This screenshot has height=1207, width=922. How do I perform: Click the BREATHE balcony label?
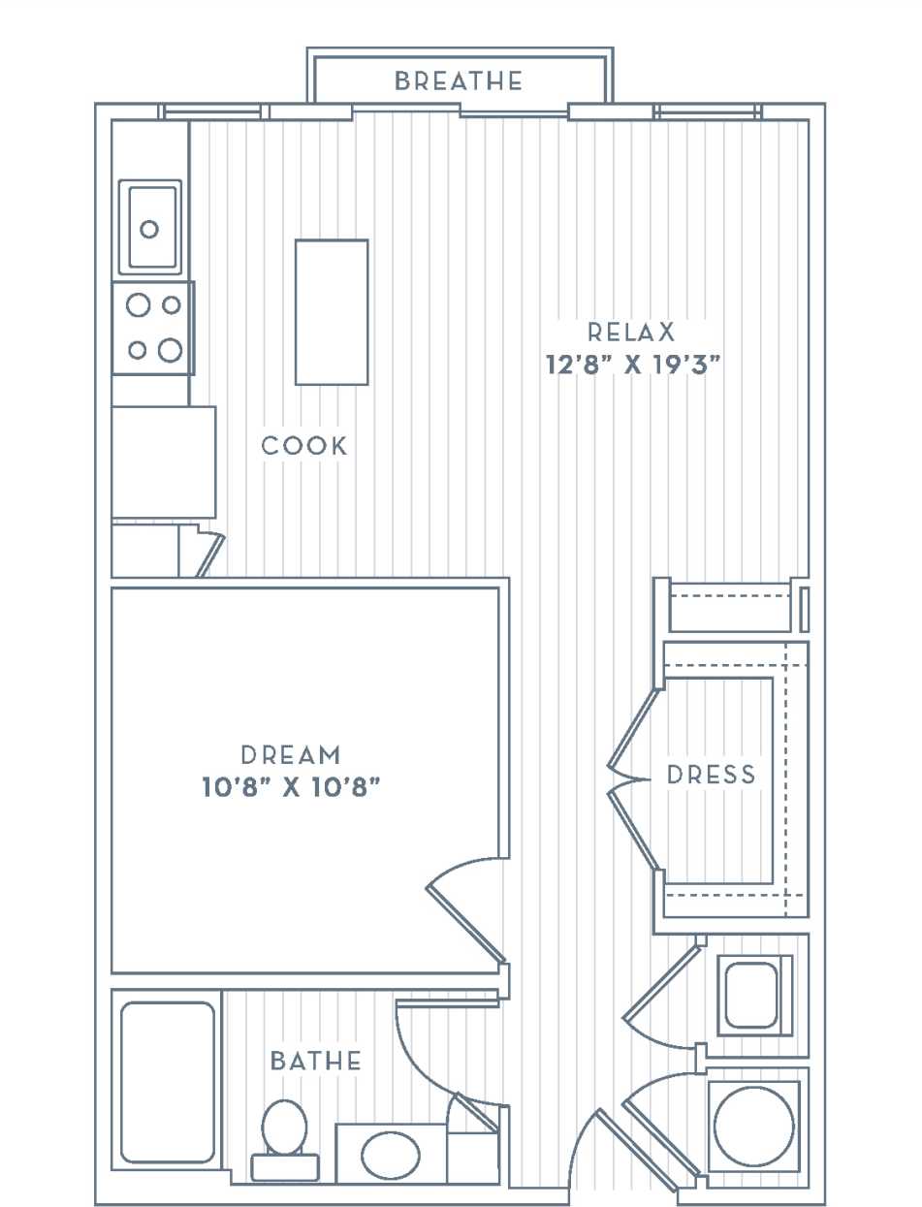click(x=459, y=81)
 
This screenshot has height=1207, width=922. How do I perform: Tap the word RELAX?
click(x=631, y=333)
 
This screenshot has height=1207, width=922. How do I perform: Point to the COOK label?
click(x=304, y=446)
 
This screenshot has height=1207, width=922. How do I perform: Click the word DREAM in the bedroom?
click(x=291, y=753)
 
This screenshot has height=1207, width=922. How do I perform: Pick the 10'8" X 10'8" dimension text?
click(x=290, y=787)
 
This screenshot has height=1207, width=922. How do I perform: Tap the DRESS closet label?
click(x=711, y=774)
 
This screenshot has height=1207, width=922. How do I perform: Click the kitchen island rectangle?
click(x=332, y=312)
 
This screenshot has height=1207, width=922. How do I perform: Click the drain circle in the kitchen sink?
click(x=149, y=229)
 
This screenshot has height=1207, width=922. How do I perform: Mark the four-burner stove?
click(x=152, y=328)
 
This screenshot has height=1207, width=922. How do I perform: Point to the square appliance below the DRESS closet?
click(x=753, y=994)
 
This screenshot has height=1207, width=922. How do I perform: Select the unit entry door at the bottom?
click(x=635, y=1150)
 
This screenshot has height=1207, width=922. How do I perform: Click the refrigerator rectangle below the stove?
click(x=163, y=461)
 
